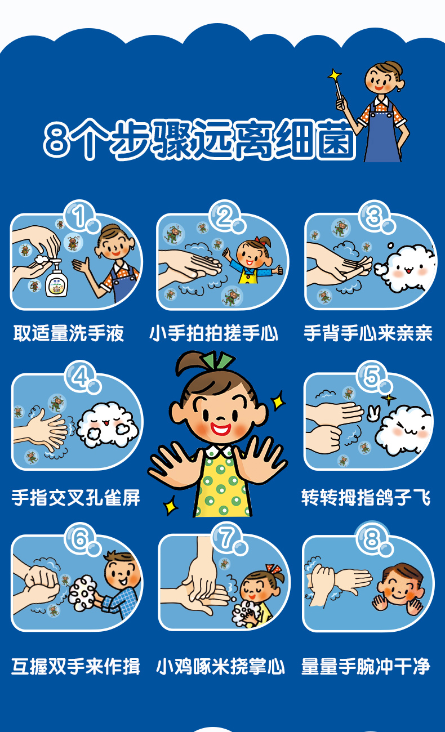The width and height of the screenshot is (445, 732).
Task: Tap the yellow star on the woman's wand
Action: tap(334, 75)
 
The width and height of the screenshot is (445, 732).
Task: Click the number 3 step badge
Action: tap(374, 216)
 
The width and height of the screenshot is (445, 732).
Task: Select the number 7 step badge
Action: tap(227, 538)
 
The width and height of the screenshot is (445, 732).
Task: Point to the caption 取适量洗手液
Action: tap(69, 333)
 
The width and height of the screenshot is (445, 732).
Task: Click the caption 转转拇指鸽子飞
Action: tap(366, 498)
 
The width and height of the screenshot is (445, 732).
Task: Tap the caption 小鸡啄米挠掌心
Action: tap(220, 667)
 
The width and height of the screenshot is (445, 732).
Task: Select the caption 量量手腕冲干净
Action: tap(366, 667)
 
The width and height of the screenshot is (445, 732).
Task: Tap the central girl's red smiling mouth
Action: tap(220, 428)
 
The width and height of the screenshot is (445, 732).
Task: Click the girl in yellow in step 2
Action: tap(252, 261)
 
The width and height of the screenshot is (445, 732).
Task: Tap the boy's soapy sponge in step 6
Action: tap(82, 592)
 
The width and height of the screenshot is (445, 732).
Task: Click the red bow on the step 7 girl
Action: tap(274, 569)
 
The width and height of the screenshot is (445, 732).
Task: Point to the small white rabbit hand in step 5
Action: tap(373, 413)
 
